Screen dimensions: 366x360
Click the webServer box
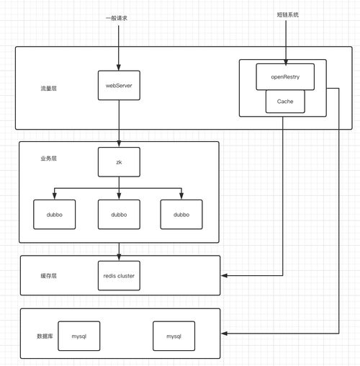tap(119, 86)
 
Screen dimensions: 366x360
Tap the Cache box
tap(284, 102)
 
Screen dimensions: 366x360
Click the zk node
tap(119, 163)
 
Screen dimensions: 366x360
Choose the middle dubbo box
tap(119, 214)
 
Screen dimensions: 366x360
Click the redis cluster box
tap(119, 275)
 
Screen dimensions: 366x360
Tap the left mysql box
tap(78, 336)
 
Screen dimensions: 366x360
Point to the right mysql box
tap(174, 336)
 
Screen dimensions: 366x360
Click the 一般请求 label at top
tap(119, 16)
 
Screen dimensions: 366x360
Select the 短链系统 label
tap(287, 14)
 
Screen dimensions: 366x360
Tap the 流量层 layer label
tap(48, 88)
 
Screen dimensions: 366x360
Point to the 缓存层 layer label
tap(48, 277)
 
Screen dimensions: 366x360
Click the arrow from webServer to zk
tap(119, 122)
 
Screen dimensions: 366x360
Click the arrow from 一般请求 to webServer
tap(119, 47)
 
